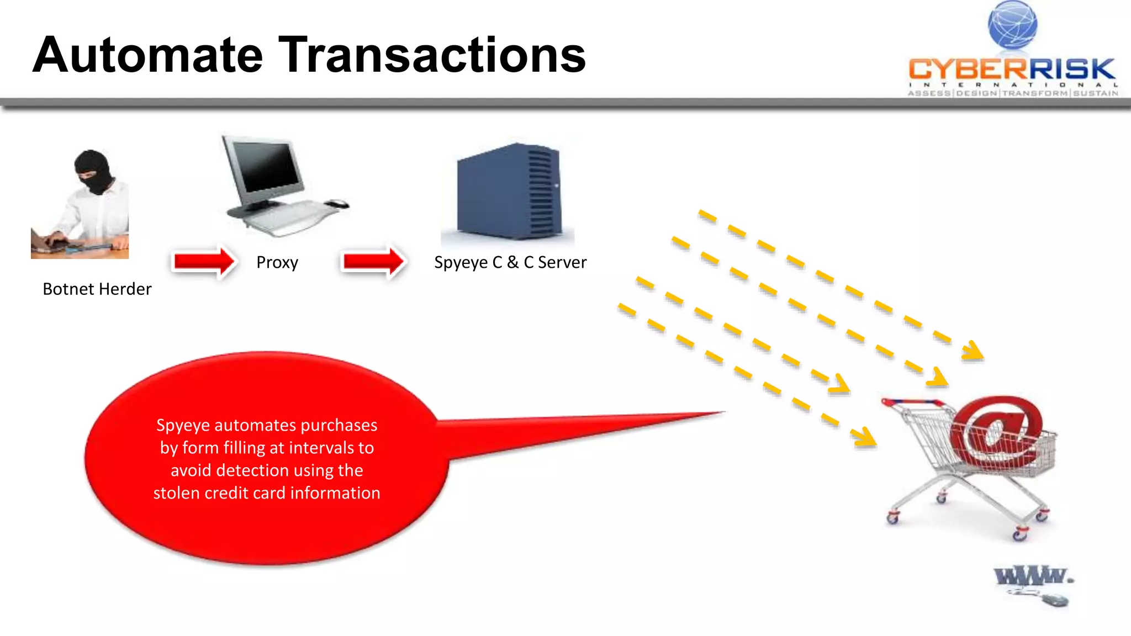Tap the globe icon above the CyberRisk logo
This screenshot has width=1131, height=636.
[x=1012, y=25]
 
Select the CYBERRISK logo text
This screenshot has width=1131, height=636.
[x=1012, y=70]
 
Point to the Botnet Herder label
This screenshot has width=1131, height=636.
[x=97, y=289]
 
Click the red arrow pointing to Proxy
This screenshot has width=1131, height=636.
[x=204, y=261]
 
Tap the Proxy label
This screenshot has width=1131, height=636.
[x=277, y=262]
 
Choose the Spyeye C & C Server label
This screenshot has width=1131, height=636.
[x=510, y=262]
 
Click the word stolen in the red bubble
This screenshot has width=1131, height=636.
[x=177, y=493]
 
